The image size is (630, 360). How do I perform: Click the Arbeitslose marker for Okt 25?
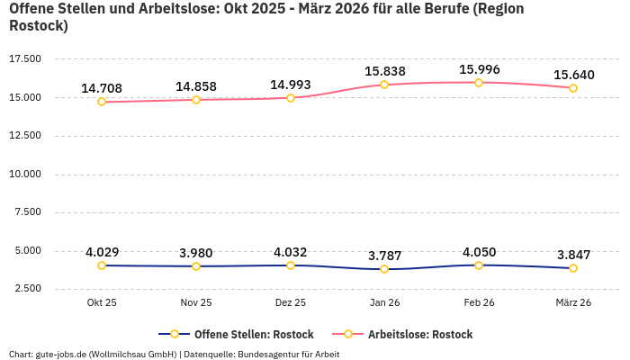click(102, 102)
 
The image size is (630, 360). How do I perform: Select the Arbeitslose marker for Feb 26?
click(479, 82)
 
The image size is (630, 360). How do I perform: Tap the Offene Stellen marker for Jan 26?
click(384, 269)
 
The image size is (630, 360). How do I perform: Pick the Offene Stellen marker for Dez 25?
click(291, 265)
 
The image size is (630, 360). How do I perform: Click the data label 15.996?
click(479, 69)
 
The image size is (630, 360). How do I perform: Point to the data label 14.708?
click(102, 88)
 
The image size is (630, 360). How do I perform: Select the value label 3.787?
click(384, 256)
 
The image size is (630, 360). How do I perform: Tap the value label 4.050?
click(479, 252)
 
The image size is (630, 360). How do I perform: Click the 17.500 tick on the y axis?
click(25, 58)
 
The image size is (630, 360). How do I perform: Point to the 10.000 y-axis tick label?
click(25, 174)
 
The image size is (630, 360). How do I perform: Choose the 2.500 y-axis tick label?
click(27, 289)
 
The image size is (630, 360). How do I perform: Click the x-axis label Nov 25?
click(196, 303)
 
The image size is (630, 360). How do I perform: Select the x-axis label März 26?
click(572, 303)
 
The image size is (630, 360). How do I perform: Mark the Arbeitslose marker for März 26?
click(572, 88)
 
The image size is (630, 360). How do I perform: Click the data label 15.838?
click(384, 71)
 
